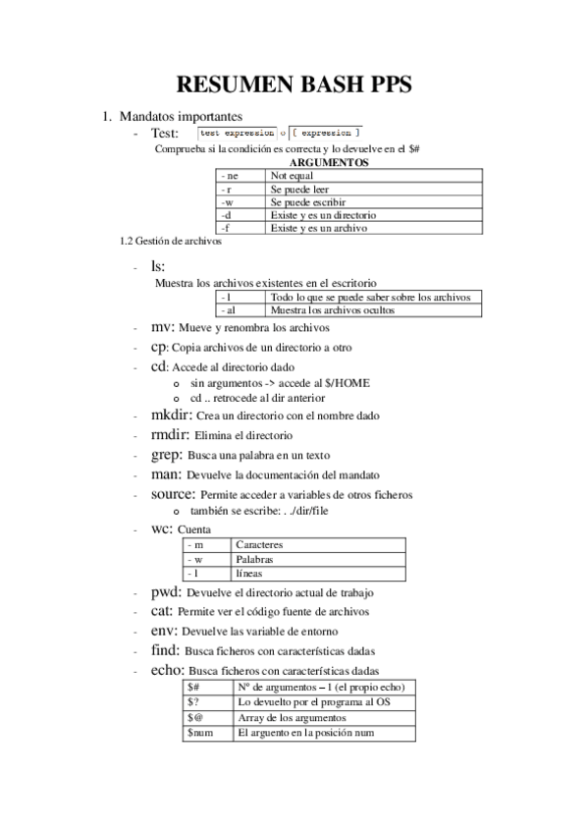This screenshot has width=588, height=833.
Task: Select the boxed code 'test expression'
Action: (238, 132)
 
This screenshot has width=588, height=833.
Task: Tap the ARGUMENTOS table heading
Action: (329, 162)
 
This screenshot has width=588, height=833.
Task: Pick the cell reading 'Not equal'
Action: (293, 176)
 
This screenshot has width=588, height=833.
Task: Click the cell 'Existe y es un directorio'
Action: (323, 214)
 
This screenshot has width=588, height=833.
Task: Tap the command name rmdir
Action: (171, 434)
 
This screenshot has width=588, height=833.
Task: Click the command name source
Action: (173, 494)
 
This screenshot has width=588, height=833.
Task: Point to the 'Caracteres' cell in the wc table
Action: (260, 543)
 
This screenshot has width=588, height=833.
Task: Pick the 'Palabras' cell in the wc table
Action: (255, 558)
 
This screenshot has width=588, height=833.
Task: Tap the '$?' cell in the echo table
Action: (194, 702)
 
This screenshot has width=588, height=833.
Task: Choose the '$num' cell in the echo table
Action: (200, 733)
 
